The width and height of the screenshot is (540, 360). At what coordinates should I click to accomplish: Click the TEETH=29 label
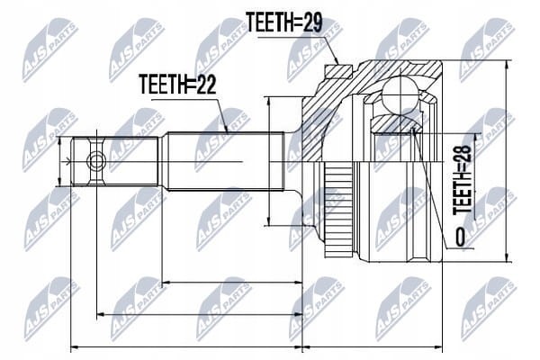pyautogui.click(x=284, y=22)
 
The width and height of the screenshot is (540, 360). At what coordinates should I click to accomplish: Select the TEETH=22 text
pyautogui.click(x=177, y=85)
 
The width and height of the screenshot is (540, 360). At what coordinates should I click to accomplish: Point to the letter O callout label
pyautogui.click(x=460, y=237)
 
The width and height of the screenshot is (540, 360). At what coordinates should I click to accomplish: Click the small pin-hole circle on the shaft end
pyautogui.click(x=96, y=161)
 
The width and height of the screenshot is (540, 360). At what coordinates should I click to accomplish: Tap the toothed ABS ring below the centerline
pyautogui.click(x=338, y=210)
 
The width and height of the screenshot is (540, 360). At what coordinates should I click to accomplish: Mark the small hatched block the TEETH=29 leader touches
pyautogui.click(x=338, y=71)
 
